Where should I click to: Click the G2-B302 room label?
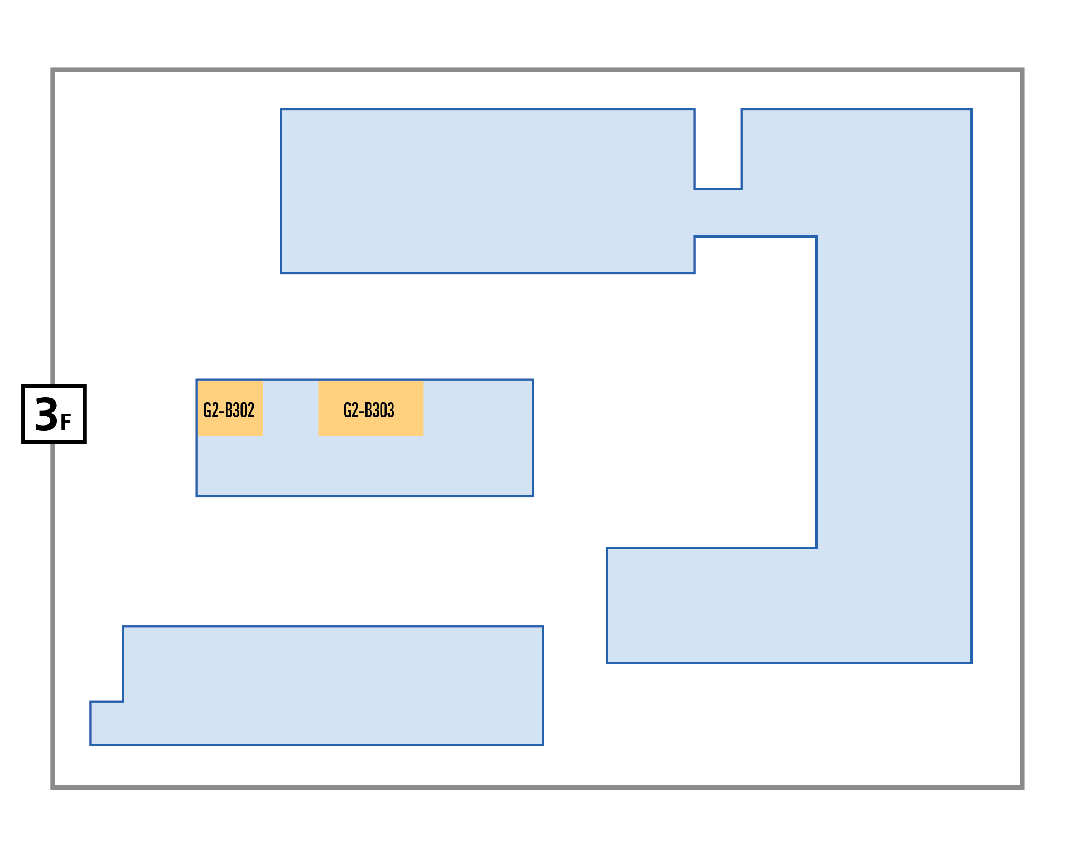point(229,410)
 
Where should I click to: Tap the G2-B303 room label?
point(369,410)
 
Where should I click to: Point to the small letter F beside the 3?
point(66,422)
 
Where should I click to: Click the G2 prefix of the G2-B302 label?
point(211,410)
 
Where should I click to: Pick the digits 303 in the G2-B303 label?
point(384,410)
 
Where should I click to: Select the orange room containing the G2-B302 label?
point(230,408)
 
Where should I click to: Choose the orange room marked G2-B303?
point(371,408)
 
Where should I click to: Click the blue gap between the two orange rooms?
point(291,408)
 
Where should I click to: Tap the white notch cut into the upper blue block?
point(718,149)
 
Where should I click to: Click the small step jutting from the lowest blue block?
point(107,724)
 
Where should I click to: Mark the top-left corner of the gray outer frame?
point(53,70)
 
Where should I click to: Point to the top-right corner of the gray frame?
point(1022,70)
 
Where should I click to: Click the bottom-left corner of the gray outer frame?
point(53,788)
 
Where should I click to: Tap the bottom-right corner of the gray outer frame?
point(1022,788)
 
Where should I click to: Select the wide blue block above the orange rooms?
point(487,191)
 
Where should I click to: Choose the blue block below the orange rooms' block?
point(332,686)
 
